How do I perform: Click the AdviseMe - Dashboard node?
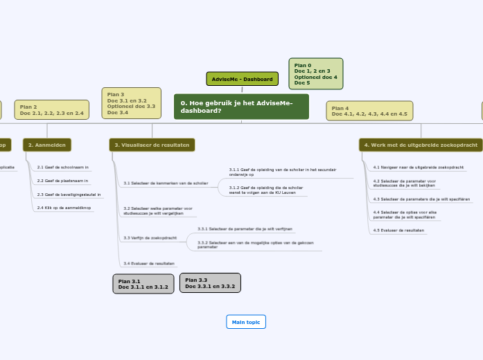pos(242,79)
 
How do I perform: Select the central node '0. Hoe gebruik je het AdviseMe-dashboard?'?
pos(241,107)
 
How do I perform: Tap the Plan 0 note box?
pos(315,74)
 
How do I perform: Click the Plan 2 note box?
pos(52,110)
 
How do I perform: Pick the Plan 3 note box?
pos(131,102)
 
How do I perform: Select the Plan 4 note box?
pos(369,111)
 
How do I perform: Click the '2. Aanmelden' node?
pos(47,145)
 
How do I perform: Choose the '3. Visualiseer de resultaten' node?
pos(152,145)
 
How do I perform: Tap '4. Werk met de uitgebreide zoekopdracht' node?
pos(421,145)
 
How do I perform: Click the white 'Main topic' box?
pos(246,323)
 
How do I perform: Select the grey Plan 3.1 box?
pos(143,284)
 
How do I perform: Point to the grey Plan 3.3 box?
pos(210,282)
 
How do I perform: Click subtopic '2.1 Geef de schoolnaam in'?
pos(63,167)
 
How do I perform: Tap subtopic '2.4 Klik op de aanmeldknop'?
pos(64,208)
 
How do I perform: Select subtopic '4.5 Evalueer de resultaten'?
pos(399,230)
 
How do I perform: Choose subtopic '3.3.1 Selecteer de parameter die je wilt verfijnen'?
pos(245,228)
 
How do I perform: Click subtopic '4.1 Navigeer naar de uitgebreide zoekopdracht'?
pos(417,168)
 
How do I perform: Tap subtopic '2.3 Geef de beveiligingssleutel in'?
pos(69,195)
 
